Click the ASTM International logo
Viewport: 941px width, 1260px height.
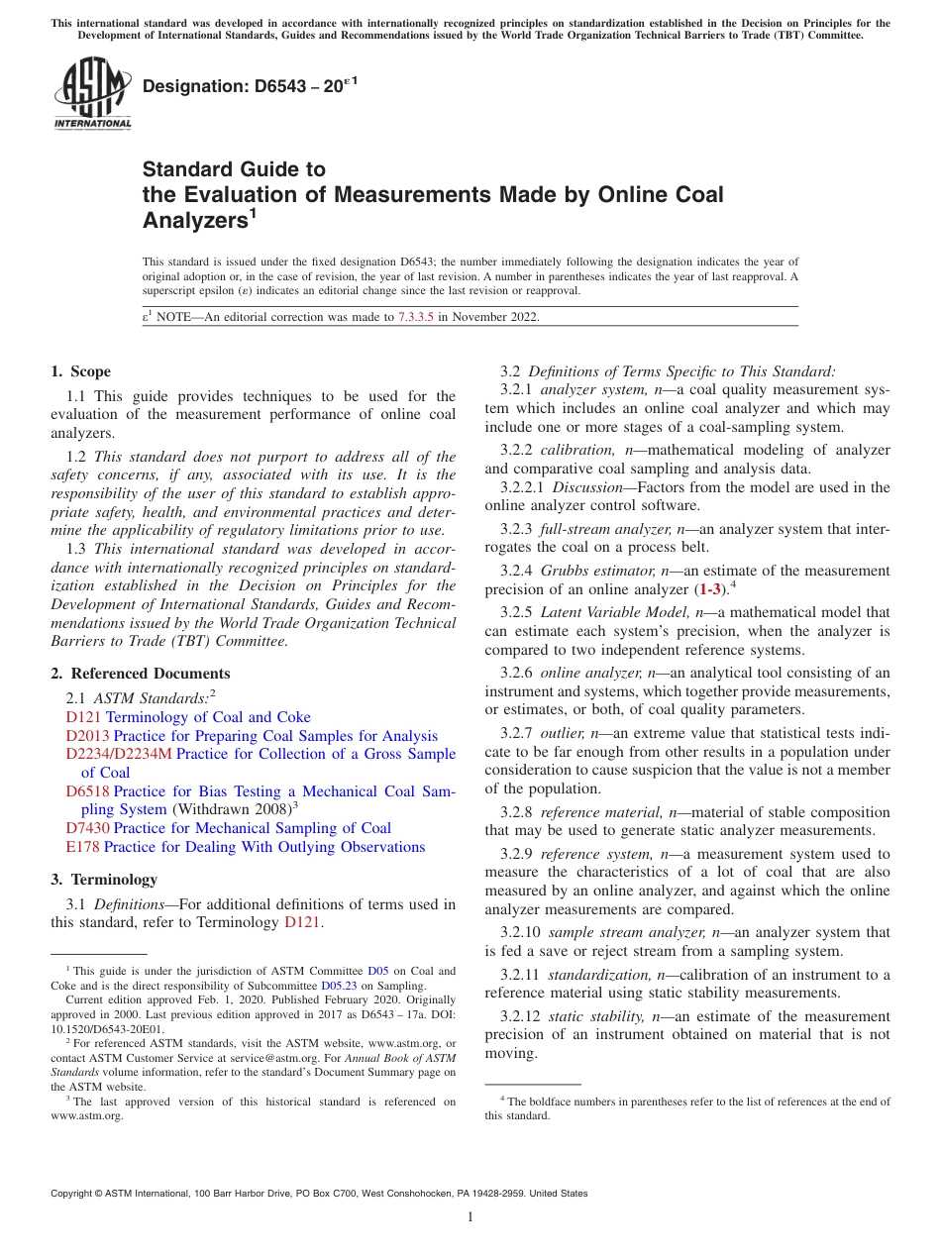point(92,92)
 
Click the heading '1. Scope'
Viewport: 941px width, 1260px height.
point(80,372)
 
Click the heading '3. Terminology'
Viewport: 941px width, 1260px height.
point(104,880)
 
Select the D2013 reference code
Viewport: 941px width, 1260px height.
point(87,736)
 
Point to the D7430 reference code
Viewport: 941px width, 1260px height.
point(87,828)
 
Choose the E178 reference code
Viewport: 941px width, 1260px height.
point(82,847)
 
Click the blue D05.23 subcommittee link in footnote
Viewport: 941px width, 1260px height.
point(337,986)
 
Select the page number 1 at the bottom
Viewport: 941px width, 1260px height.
point(470,1217)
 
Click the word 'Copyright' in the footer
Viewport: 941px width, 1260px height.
point(75,1194)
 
